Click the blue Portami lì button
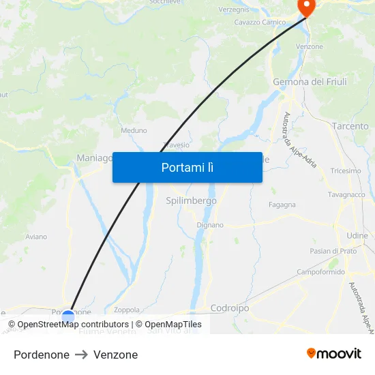pos(187,167)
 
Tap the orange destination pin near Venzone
pos(306,7)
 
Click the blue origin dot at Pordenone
pos(67,316)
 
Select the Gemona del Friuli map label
pos(310,82)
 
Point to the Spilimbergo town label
pos(191,200)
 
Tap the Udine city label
pos(357,235)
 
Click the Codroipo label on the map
pos(230,308)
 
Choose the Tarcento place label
pos(350,126)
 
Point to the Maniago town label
pos(94,157)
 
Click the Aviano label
pos(36,237)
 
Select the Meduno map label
pos(134,130)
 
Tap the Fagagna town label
pos(282,205)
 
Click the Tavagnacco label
pos(346,194)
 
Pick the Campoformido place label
pos(320,272)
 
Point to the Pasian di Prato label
pos(333,251)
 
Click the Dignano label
pos(209,224)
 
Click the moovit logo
pos(333,353)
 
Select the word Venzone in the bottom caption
pos(115,355)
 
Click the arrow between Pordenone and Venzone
pos(81,355)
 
